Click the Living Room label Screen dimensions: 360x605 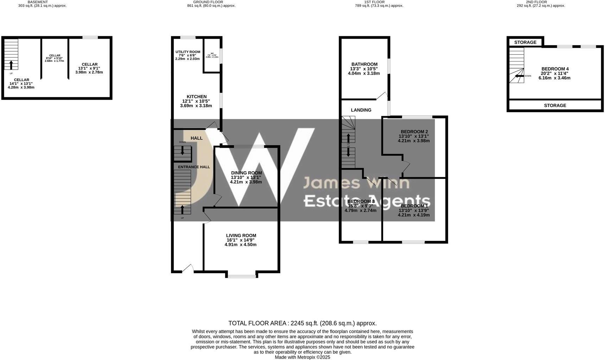click(241, 236)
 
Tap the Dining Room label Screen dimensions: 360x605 click(246, 173)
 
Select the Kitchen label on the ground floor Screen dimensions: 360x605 click(196, 97)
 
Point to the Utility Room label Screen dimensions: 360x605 click(188, 52)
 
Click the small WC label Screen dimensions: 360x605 click(212, 53)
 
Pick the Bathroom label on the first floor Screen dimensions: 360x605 click(364, 64)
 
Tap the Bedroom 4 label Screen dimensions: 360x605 click(555, 69)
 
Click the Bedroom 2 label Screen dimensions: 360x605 click(414, 132)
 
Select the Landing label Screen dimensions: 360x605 click(361, 110)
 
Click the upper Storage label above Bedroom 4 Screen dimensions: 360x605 click(525, 43)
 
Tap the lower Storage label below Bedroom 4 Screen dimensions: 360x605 click(555, 105)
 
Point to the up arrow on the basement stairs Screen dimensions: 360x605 click(11, 65)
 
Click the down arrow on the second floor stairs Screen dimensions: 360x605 click(518, 76)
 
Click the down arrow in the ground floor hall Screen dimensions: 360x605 click(182, 150)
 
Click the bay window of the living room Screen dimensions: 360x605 click(242, 276)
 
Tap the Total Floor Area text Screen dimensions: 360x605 click(302, 323)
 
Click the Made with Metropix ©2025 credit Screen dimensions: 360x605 click(302, 357)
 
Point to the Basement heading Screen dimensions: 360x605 click(37, 2)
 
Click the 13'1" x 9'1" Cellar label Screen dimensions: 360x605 click(89, 65)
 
